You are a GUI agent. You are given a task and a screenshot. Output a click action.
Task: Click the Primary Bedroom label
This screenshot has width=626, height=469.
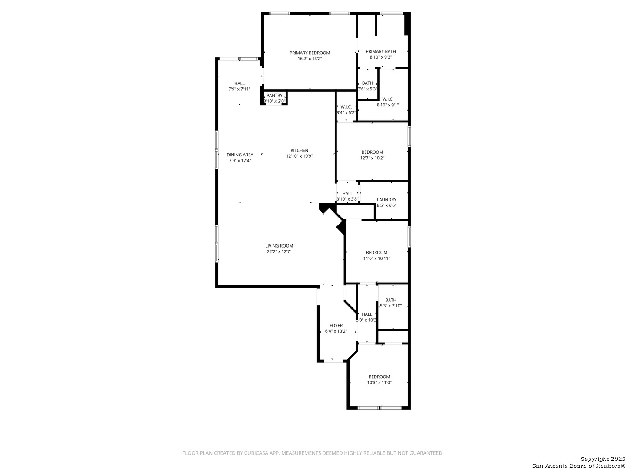(310, 53)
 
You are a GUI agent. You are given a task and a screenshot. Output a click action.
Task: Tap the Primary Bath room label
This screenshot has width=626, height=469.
(380, 51)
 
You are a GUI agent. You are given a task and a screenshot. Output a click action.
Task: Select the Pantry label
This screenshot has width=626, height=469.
(274, 96)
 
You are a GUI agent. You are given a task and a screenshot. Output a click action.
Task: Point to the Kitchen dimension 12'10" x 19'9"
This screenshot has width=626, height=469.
(299, 156)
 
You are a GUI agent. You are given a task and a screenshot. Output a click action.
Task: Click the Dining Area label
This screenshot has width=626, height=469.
(240, 155)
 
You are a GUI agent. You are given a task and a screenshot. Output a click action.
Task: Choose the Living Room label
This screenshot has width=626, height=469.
(279, 246)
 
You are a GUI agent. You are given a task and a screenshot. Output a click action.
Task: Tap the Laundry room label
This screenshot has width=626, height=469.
(386, 200)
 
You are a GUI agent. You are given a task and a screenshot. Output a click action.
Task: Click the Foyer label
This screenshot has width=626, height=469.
(336, 326)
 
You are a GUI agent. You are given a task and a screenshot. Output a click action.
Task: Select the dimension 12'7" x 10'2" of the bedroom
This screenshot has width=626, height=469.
(372, 158)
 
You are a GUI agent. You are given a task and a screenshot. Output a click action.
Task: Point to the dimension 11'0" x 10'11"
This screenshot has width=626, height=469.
(376, 258)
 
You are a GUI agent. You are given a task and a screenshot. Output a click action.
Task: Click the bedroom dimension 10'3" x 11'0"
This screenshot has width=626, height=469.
(379, 383)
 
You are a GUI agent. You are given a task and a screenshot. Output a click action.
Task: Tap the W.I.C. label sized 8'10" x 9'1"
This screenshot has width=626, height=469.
(388, 99)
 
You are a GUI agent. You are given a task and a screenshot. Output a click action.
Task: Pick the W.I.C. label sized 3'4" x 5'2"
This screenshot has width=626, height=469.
(346, 107)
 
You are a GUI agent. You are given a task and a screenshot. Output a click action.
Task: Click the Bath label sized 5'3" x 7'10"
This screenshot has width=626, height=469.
(390, 300)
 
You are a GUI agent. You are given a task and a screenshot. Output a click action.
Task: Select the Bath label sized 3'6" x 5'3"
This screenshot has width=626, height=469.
(367, 83)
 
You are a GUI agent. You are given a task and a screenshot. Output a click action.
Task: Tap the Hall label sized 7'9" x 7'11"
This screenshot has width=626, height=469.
(240, 83)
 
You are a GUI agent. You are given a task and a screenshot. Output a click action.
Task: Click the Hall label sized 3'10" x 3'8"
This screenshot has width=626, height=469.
(347, 194)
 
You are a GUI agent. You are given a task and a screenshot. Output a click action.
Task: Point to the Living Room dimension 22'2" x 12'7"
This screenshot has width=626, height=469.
(279, 251)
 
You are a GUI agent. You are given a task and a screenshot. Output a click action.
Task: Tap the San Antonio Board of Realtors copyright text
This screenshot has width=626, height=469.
(578, 465)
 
